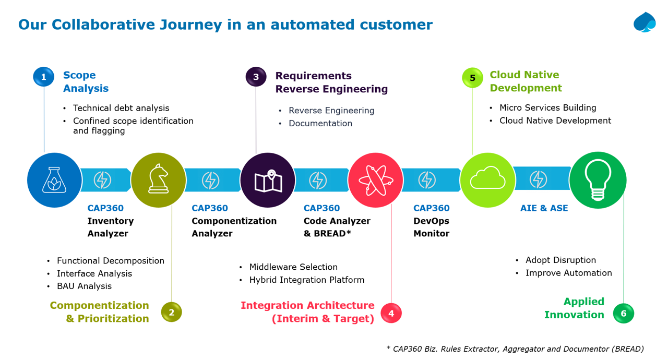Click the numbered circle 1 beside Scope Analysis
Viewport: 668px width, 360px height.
tap(44, 77)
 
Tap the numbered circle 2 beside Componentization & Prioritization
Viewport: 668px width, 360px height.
tap(171, 313)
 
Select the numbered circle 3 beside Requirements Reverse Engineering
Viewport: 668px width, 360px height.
tap(256, 77)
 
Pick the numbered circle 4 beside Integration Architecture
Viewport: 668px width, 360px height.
tap(391, 313)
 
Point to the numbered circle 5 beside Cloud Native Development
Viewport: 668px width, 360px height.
tap(472, 78)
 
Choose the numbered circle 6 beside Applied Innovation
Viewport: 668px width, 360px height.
tap(623, 314)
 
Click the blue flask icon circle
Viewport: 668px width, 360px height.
tap(54, 180)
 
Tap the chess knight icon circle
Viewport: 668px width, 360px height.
tap(158, 180)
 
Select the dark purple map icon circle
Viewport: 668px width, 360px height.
tap(268, 180)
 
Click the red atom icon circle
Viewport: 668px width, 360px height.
tap(375, 180)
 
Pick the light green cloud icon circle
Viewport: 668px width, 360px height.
tap(487, 180)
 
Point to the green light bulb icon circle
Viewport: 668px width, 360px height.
tap(598, 180)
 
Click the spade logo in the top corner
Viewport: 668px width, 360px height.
tap(645, 22)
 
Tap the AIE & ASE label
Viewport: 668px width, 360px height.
tap(544, 208)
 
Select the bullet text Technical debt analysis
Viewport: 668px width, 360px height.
tap(121, 108)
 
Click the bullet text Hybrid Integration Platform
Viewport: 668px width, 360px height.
tap(307, 280)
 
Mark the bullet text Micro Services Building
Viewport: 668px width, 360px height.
tap(547, 107)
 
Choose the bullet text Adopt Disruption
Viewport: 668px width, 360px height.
tap(560, 260)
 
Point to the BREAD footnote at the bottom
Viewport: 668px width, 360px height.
tap(515, 349)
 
